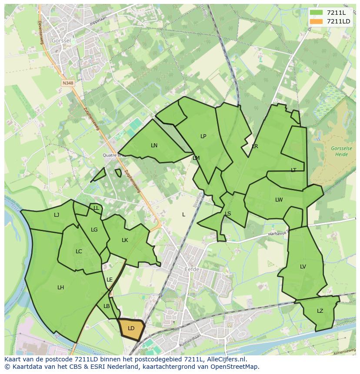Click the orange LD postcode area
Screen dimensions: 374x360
pos(130,329)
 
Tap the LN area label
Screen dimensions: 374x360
pos(154,146)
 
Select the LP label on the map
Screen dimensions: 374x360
pos(203,136)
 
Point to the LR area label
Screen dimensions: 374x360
pos(255,146)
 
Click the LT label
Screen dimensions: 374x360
pos(293,170)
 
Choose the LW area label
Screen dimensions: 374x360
pos(279,200)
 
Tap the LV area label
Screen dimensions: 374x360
pos(303,267)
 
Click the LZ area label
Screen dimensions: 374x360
pos(320,311)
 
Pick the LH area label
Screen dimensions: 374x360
pos(60,288)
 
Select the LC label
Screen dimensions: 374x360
pos(79,252)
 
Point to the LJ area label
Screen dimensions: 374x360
pos(57,215)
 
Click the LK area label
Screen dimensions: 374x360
pos(125,240)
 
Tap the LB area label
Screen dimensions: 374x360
pos(107,306)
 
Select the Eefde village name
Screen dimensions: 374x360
pos(192,270)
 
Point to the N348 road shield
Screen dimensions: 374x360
pos(68,83)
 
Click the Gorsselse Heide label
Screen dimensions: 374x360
pos(341,152)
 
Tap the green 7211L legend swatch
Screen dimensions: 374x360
pos(316,13)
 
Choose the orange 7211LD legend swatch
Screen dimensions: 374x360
pos(316,21)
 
